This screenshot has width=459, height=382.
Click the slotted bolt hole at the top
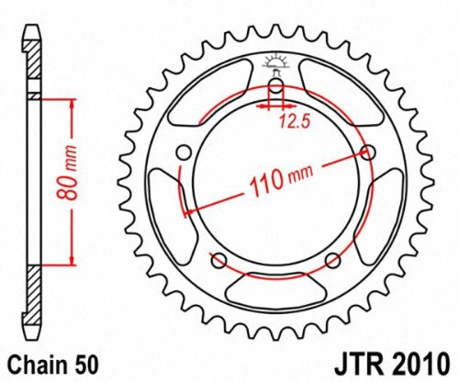coord(274,93)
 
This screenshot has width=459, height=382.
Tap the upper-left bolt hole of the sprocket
coord(185,152)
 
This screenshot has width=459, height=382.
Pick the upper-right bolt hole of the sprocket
coord(370,152)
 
